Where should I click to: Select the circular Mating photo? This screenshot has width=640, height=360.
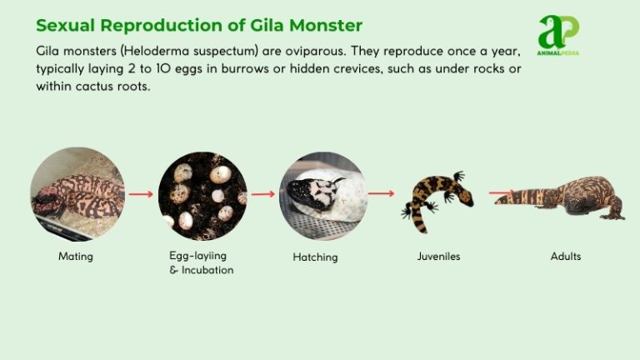click(77, 194)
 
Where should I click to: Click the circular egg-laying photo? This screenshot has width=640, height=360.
click(202, 196)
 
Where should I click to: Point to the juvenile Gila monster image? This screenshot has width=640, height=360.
click(437, 199)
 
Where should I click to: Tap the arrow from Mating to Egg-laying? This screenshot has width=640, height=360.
click(141, 194)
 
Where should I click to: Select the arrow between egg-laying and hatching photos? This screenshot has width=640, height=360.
click(262, 194)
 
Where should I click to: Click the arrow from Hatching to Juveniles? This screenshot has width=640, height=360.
click(381, 193)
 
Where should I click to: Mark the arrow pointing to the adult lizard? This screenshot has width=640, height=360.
click(500, 193)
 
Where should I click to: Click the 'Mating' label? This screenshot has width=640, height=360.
click(76, 257)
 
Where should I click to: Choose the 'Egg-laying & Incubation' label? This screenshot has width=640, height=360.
click(196, 263)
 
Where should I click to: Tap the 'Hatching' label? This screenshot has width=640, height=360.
click(315, 257)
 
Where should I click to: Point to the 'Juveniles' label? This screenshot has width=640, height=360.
click(438, 257)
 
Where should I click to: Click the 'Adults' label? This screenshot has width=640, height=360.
click(566, 257)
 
